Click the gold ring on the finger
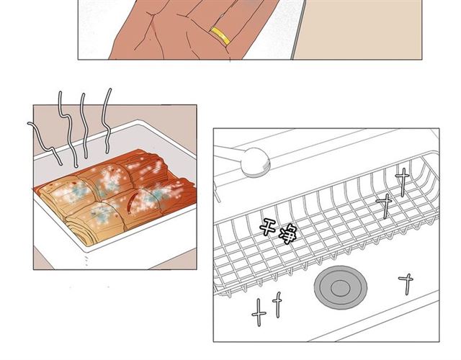point(220,36)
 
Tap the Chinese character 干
point(267,226)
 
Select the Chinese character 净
point(287,234)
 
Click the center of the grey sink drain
point(341,287)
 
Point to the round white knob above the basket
point(255,162)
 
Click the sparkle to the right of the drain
point(406,283)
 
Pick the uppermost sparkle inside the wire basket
point(403,181)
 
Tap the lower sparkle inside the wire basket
point(385,205)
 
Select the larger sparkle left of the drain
point(259,312)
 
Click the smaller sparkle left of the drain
point(277,305)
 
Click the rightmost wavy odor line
point(107,120)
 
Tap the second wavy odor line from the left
point(67,130)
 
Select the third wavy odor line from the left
point(84,127)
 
